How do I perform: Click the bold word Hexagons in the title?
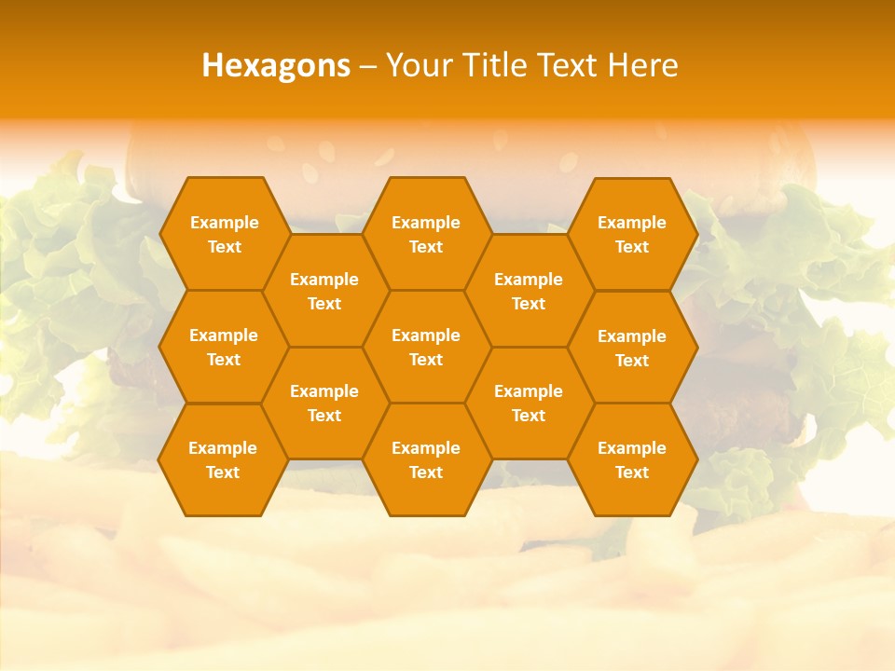[x=276, y=65]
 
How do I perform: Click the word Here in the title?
[x=642, y=65]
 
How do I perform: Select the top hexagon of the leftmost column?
[x=224, y=234]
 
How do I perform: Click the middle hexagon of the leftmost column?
[x=224, y=347]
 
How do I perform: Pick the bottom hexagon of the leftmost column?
[x=223, y=459]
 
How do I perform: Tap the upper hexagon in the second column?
[x=324, y=291]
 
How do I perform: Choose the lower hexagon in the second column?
[x=324, y=403]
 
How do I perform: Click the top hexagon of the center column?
[x=426, y=234]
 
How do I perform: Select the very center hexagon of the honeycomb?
[x=426, y=347]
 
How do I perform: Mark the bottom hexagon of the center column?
[x=426, y=459]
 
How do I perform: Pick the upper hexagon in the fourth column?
[x=529, y=291]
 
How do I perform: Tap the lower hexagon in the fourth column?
[x=529, y=403]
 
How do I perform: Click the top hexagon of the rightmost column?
[x=632, y=234]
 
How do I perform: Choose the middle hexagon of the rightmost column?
[x=632, y=348]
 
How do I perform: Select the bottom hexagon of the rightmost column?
[x=632, y=459]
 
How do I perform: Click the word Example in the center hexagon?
[x=426, y=335]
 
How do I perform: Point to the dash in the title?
[x=368, y=66]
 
